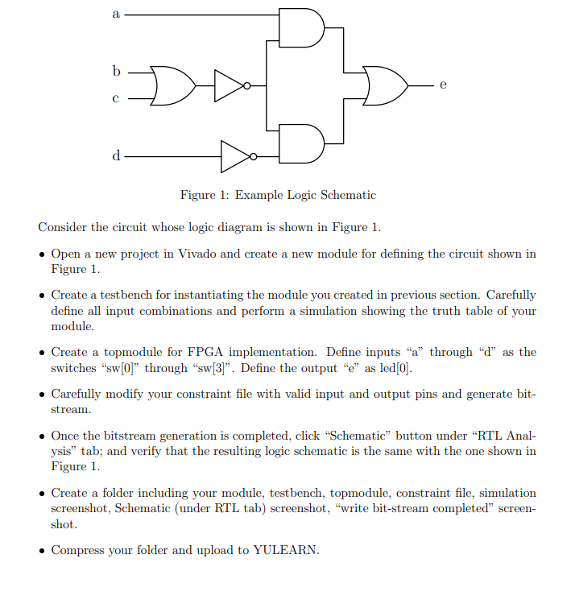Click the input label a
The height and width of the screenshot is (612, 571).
point(117,14)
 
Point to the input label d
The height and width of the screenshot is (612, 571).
point(117,155)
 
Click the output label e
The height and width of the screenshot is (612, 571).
point(442,84)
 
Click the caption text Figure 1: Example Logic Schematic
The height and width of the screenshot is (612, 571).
point(278,195)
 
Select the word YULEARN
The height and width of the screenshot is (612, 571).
point(286,550)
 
